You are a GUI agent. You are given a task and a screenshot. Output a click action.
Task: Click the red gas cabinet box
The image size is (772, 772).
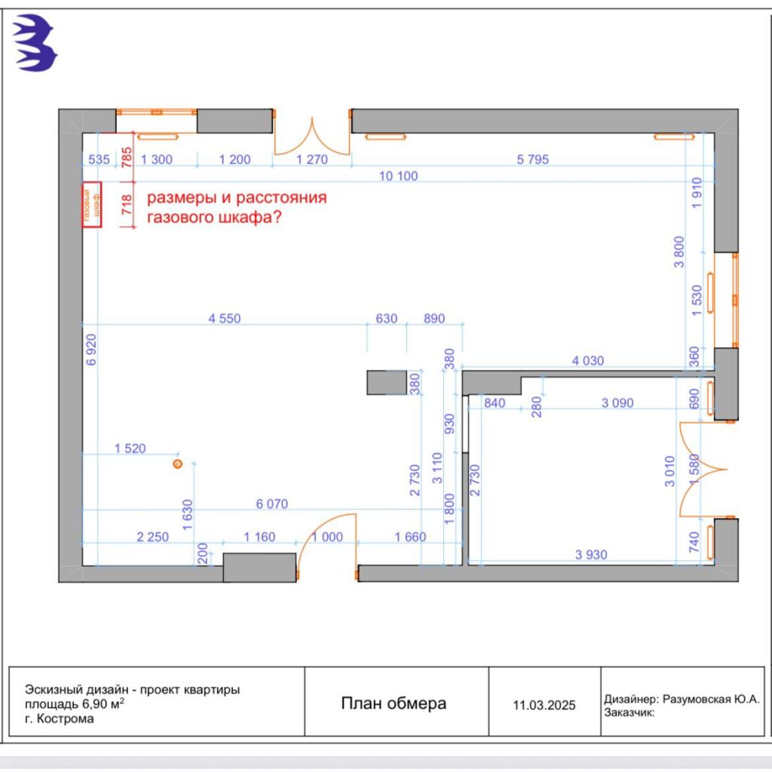pyautogui.click(x=92, y=204)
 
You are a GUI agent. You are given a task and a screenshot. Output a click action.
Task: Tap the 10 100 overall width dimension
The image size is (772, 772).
pyautogui.click(x=398, y=176)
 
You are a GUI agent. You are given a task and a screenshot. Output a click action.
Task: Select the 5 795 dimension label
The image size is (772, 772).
pyautogui.click(x=532, y=159)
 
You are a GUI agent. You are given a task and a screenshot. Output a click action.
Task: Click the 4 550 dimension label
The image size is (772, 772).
pyautogui.click(x=225, y=319)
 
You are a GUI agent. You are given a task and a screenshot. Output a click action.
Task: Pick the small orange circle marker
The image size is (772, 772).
pyautogui.click(x=177, y=464)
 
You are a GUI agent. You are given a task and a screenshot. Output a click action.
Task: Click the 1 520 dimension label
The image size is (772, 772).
pyautogui.click(x=130, y=449)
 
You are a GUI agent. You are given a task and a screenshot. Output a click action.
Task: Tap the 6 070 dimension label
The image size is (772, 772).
pyautogui.click(x=272, y=504)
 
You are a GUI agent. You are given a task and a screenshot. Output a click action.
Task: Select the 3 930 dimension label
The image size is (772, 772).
pyautogui.click(x=590, y=555)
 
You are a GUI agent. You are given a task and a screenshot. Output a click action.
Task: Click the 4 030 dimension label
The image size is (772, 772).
pyautogui.click(x=588, y=361)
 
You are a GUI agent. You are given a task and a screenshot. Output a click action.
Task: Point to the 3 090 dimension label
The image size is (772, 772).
pyautogui.click(x=617, y=403)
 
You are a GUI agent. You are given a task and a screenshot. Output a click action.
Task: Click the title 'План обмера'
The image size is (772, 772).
pyautogui.click(x=394, y=703)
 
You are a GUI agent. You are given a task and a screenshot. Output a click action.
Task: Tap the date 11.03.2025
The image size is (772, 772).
pyautogui.click(x=544, y=706)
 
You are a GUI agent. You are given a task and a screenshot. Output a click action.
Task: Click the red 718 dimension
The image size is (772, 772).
pyautogui.click(x=126, y=204)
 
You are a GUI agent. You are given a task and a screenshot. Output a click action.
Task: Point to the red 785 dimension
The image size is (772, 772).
pyautogui.click(x=126, y=158)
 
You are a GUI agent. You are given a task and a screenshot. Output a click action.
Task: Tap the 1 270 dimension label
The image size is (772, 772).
pyautogui.click(x=312, y=159)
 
